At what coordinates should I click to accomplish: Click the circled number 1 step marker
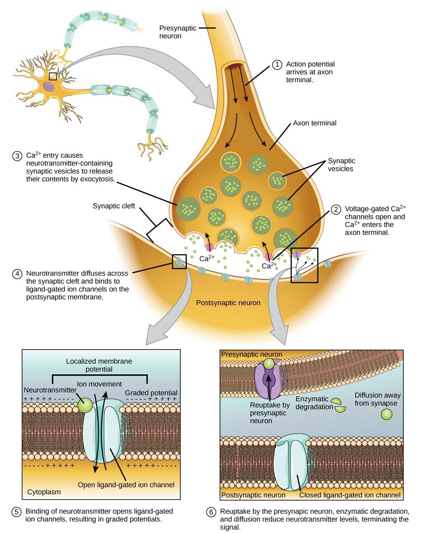tap(277, 65)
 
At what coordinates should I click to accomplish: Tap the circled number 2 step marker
tap(336, 209)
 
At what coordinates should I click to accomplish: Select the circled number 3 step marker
tap(17, 156)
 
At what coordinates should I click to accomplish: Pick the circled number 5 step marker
tap(16, 512)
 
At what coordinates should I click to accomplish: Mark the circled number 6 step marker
tap(211, 512)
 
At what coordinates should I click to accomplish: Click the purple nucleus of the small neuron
tap(48, 86)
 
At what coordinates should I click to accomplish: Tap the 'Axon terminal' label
tap(314, 123)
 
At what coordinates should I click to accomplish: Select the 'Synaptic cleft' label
tap(114, 206)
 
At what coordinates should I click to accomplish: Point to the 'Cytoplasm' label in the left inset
tap(44, 492)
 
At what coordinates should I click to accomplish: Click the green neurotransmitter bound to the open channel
tap(85, 405)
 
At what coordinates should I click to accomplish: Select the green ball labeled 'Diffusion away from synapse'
tap(386, 415)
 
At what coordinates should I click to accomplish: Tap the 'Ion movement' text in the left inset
tap(99, 384)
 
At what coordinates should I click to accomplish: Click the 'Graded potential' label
tap(151, 393)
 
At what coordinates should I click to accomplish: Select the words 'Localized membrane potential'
tap(99, 365)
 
